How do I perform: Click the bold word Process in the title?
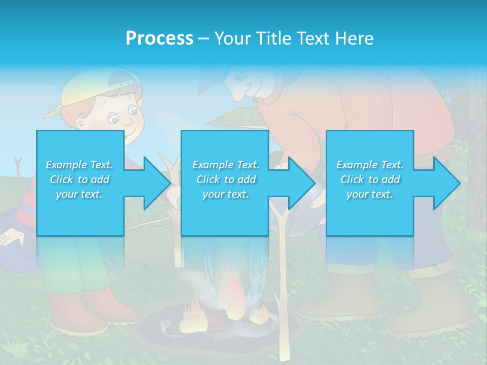coord(159,39)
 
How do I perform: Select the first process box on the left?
coord(80,182)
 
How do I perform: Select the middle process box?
coord(225,182)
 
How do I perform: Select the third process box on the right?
coord(369,182)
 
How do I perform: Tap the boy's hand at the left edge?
coord(10,236)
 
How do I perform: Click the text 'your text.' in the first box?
coord(79,194)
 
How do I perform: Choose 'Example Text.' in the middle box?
coord(226,165)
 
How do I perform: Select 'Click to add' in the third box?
coord(370,179)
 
